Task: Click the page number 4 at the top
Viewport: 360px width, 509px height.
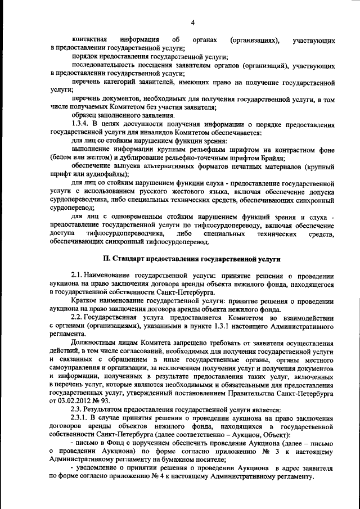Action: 192,22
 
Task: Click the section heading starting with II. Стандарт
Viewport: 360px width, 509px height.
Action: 192,258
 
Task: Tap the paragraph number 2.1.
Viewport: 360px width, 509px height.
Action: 79,276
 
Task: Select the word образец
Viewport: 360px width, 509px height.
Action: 87,115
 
